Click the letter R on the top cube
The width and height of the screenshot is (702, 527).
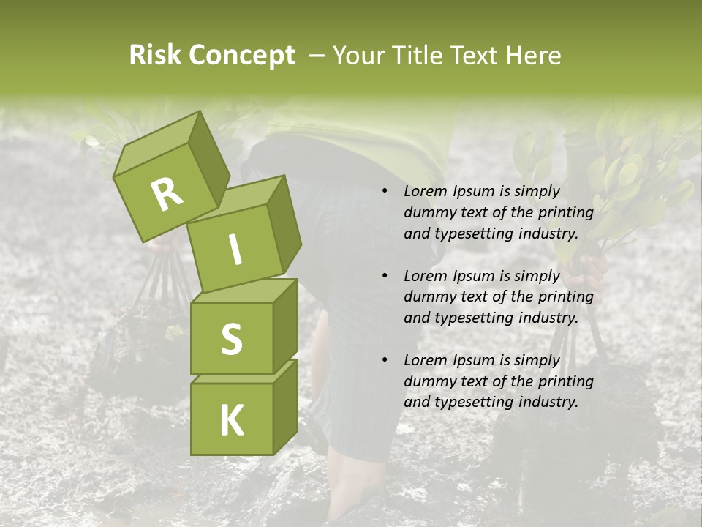pos(167,195)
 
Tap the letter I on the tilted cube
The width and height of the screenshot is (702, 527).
pos(234,250)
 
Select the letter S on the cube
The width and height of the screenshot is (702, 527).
pos(231,339)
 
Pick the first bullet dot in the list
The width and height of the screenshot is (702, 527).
pos(385,192)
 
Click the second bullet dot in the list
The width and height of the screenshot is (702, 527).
pos(385,277)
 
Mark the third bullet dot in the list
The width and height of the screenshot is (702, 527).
pos(385,361)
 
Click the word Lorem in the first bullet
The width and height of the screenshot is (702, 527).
pos(424,192)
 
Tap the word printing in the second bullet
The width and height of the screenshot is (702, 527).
pos(565,297)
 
